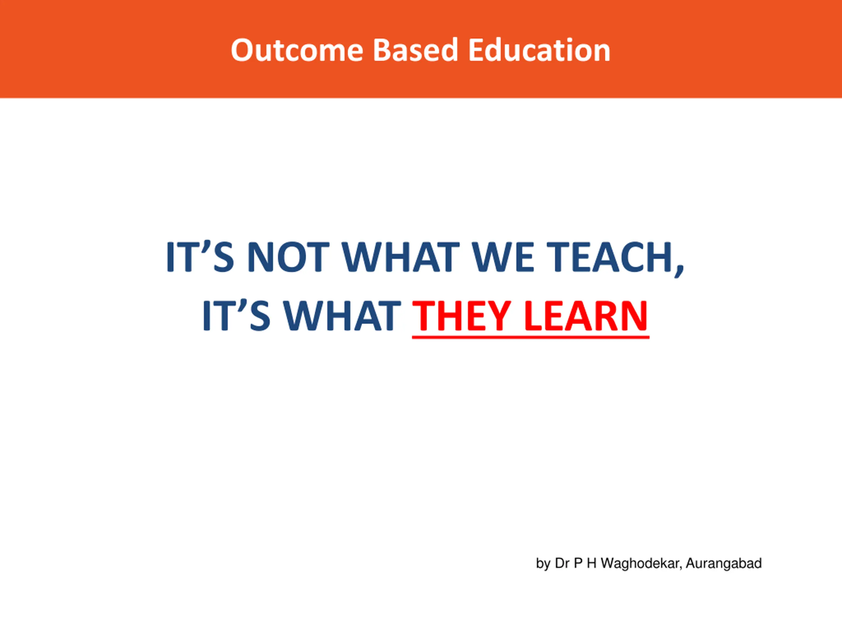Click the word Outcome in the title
coord(297,50)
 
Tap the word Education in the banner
coord(539,50)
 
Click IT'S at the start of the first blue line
coord(200,257)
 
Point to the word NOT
coord(288,257)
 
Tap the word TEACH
coord(610,257)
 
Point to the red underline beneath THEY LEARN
coord(531,337)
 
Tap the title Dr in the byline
coord(562,563)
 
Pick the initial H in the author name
coord(591,563)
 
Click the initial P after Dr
coord(578,563)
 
